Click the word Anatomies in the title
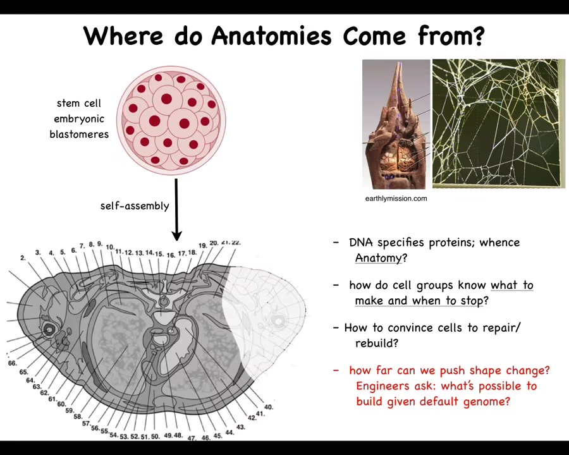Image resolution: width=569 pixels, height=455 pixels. click(x=271, y=36)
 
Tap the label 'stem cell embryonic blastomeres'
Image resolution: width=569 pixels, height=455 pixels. click(x=79, y=119)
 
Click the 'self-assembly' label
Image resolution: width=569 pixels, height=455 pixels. click(x=135, y=206)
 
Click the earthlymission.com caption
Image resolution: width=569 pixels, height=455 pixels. click(x=396, y=198)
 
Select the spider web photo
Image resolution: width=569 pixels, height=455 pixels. click(x=499, y=124)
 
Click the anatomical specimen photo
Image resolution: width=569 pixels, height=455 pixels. click(x=396, y=124)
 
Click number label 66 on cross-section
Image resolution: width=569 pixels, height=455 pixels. click(x=13, y=363)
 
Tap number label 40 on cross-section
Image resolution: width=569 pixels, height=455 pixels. click(x=269, y=407)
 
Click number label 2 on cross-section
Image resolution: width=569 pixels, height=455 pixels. click(x=23, y=258)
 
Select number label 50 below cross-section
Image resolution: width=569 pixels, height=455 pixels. click(x=155, y=437)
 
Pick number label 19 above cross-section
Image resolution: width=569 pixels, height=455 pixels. click(x=202, y=246)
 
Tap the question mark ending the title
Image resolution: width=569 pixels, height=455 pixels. click(x=479, y=36)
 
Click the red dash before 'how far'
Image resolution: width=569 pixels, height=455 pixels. click(x=336, y=370)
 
